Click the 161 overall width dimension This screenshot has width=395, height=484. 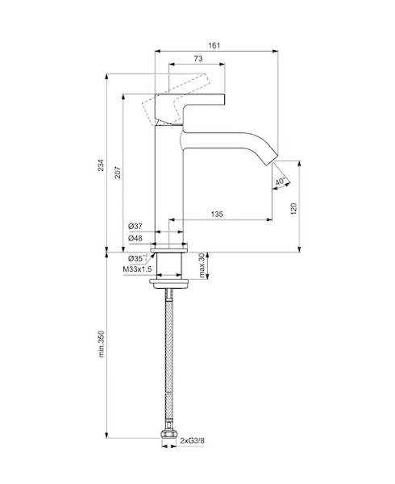point(214,46)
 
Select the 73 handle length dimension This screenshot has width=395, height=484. point(198,58)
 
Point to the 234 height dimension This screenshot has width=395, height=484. point(101,165)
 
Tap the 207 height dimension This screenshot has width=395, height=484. point(118,173)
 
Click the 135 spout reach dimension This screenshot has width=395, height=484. point(217,214)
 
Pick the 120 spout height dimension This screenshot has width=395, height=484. point(293,209)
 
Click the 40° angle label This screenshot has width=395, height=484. point(281,181)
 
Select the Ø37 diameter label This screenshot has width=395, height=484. point(135,226)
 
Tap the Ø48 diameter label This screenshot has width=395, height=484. point(135,238)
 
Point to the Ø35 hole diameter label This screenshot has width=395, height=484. point(138,258)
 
